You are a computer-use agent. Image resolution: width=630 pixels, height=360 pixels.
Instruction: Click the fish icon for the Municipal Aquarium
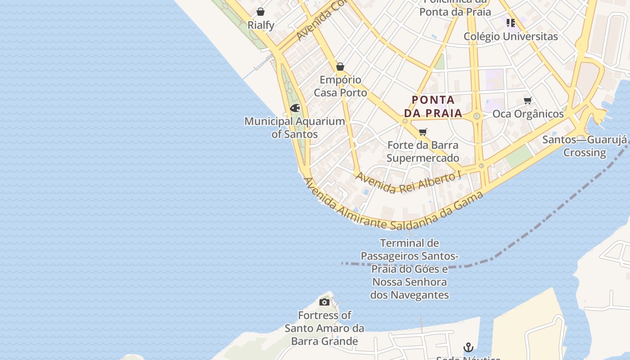click(x=295, y=108)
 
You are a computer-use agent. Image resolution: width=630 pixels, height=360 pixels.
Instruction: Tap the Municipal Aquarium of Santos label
click(x=295, y=128)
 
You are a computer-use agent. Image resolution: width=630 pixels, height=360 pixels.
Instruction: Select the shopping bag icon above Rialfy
click(x=260, y=12)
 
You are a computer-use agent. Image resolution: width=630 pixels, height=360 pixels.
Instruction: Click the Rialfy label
click(x=261, y=25)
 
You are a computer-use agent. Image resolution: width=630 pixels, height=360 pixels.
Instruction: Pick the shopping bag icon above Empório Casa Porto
click(x=340, y=67)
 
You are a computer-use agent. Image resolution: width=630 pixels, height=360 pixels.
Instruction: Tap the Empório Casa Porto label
click(x=340, y=86)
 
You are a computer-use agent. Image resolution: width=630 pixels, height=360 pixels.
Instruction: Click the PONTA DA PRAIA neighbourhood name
click(x=433, y=106)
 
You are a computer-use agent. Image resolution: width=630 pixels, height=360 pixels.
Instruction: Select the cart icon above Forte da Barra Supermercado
click(x=423, y=132)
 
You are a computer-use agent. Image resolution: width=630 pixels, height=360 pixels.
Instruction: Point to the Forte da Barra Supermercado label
click(x=423, y=152)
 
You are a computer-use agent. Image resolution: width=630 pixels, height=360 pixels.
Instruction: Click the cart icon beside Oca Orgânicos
click(x=527, y=101)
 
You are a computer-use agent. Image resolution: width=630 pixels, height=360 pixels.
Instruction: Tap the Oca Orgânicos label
click(x=528, y=114)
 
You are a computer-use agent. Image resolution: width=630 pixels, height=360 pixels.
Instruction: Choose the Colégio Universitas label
click(x=511, y=36)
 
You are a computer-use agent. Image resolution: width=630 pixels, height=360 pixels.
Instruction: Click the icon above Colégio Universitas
click(x=510, y=22)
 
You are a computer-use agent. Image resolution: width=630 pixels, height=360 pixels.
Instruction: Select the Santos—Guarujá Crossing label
click(x=585, y=146)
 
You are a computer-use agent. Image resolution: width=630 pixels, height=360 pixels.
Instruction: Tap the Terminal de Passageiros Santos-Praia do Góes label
click(x=409, y=269)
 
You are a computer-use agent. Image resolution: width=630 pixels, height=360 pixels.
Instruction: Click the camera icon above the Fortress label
click(x=324, y=302)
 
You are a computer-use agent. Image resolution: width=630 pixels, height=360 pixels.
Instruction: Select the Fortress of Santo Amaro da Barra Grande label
click(x=324, y=328)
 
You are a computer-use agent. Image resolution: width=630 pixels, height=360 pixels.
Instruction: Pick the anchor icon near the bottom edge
click(x=468, y=347)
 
